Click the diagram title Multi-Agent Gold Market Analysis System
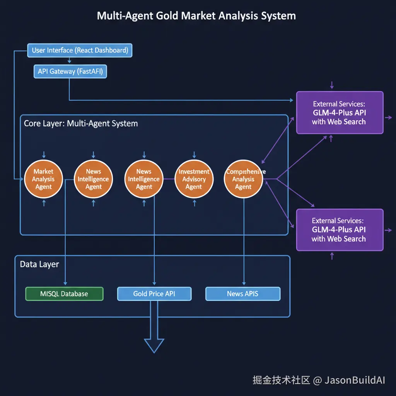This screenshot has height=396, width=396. tap(196, 16)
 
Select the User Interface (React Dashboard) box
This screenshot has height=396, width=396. tap(80, 50)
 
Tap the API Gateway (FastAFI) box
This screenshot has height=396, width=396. tap(70, 71)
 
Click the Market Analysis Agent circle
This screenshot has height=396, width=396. tap(43, 179)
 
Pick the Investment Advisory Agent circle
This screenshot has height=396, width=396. tap(194, 179)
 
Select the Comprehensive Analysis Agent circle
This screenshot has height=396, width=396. tap(244, 179)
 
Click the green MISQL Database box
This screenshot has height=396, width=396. tap(64, 294)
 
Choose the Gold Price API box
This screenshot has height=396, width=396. tap(154, 294)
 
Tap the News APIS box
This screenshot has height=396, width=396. tap(242, 294)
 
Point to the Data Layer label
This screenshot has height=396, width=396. tap(39, 265)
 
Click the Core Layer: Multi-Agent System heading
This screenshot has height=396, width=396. tap(81, 124)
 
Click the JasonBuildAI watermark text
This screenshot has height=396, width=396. tap(355, 380)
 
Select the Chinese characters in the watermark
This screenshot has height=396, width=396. tap(281, 380)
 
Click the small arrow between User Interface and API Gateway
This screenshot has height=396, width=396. tap(69, 61)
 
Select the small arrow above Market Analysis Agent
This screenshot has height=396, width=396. tap(44, 154)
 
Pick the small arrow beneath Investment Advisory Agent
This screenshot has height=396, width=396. tap(194, 203)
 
